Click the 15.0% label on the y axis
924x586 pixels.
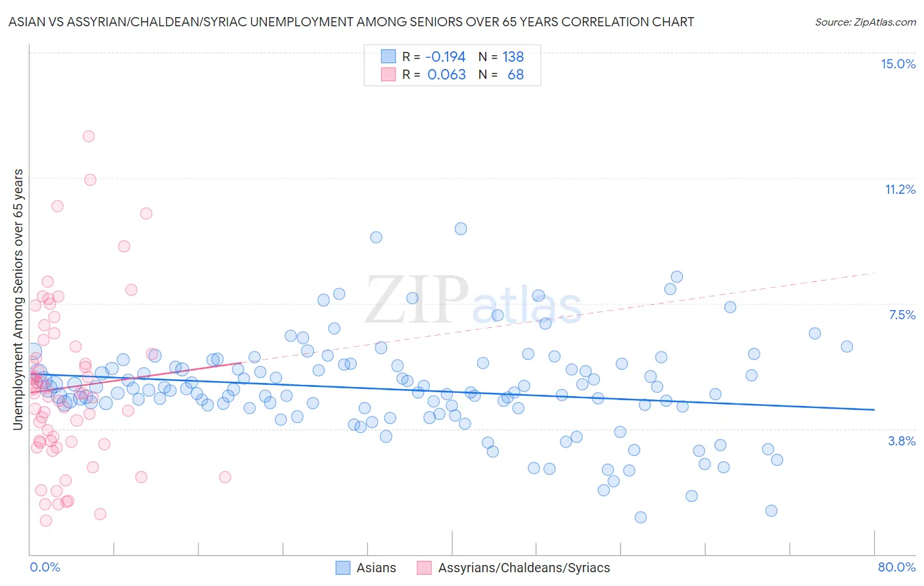[898, 64]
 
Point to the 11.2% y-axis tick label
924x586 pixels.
[900, 189]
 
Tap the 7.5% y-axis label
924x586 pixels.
[902, 315]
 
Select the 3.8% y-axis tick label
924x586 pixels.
[902, 441]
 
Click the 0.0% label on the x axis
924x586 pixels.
[45, 567]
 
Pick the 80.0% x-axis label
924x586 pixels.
[896, 567]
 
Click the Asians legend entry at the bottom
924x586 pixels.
[376, 568]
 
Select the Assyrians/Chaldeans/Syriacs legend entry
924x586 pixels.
[524, 568]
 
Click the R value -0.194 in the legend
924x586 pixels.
[446, 57]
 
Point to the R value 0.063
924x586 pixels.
[447, 75]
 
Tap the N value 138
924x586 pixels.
[513, 57]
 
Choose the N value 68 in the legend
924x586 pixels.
[516, 75]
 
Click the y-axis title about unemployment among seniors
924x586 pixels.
[18, 300]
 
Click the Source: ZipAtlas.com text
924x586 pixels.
[865, 22]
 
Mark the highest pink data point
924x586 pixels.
[88, 137]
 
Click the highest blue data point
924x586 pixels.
[461, 229]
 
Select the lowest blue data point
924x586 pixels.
[641, 517]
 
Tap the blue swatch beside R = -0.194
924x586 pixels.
[388, 56]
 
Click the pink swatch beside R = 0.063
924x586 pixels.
[388, 74]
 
